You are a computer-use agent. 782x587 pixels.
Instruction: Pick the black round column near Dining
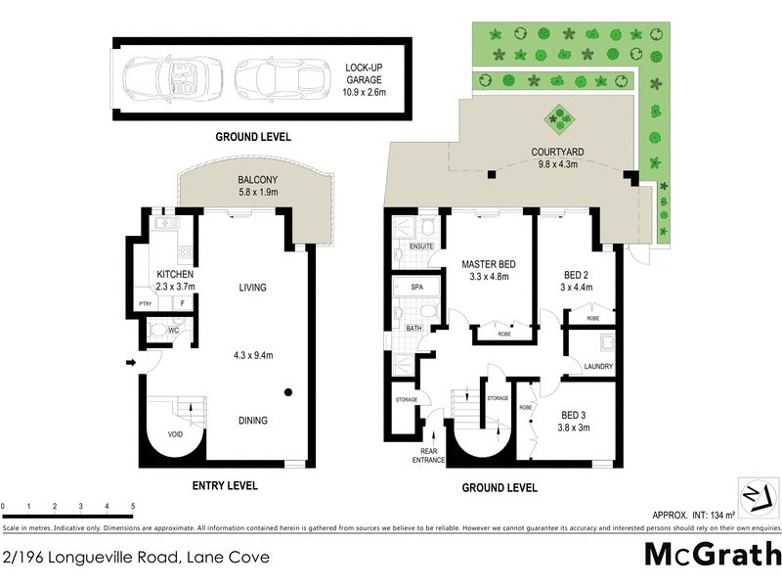pos(289,393)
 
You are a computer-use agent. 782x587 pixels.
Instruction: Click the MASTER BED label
pos(488,264)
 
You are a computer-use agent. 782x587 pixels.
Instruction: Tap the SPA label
pos(415,288)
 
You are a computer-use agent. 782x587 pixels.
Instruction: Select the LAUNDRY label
pos(596,367)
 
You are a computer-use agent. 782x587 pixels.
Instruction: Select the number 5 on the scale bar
pos(132,505)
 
